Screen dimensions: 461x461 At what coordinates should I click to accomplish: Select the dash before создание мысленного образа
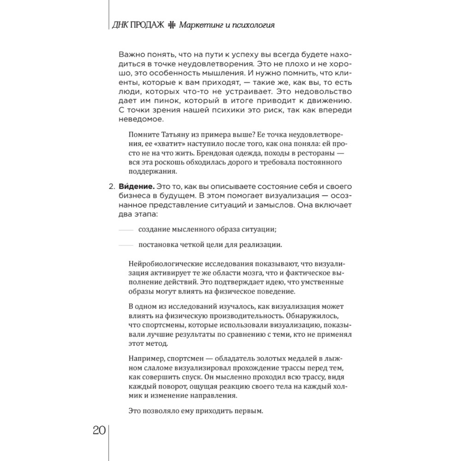pos(125,230)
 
